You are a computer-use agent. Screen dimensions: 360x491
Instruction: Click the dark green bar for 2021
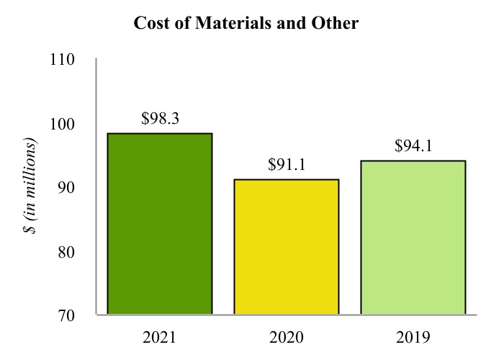tap(159, 224)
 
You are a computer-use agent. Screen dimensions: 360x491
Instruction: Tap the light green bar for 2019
tap(413, 238)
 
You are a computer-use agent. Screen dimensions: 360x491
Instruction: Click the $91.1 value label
tap(286, 165)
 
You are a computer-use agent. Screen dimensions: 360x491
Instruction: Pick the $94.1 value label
tap(413, 146)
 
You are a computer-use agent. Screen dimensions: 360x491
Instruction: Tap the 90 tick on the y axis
tap(67, 187)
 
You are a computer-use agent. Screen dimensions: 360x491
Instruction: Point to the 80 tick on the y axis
tap(67, 251)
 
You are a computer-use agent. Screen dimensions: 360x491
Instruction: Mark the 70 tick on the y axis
tap(67, 315)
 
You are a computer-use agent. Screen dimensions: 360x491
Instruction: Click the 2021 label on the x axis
tap(160, 337)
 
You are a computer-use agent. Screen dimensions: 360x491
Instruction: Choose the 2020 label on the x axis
tap(286, 337)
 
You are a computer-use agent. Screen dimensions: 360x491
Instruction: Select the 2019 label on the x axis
tap(413, 337)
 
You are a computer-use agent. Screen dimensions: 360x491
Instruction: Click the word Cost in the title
tap(150, 23)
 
